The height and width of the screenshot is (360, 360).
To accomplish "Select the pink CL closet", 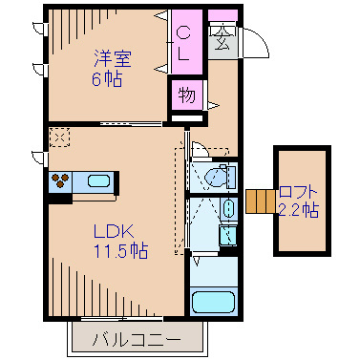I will (184, 42).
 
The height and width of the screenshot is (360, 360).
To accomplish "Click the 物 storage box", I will (186, 95).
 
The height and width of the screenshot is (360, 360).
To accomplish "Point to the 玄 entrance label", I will (222, 41).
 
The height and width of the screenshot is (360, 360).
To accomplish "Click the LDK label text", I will (113, 230).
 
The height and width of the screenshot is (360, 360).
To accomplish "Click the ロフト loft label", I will (298, 191).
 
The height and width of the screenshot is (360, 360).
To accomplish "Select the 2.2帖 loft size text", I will (298, 210).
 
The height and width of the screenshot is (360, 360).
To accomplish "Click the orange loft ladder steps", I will (259, 201).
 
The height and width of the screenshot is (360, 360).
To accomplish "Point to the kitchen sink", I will (98, 180).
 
